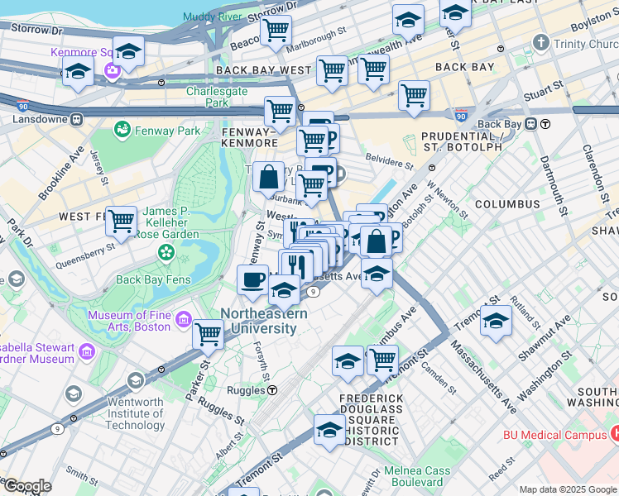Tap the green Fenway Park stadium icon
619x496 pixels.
[122, 130]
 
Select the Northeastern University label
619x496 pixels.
[263, 322]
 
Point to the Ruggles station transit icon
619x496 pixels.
[271, 390]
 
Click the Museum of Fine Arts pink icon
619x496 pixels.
[183, 320]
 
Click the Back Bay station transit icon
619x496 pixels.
[546, 124]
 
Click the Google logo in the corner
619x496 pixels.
[26, 486]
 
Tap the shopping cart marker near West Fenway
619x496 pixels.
[121, 221]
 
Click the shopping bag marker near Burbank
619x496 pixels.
[270, 176]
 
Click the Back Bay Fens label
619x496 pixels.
[154, 279]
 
